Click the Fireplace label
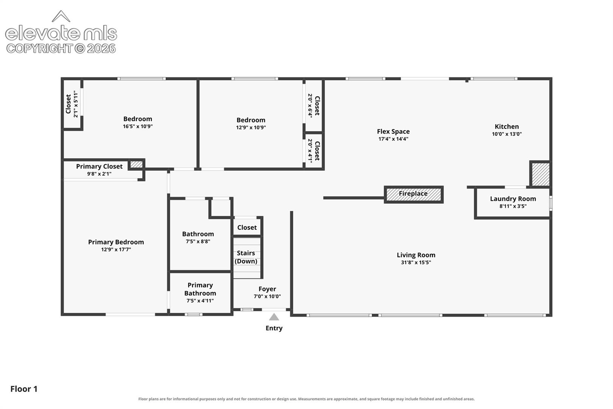point(413,194)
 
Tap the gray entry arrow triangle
point(274,317)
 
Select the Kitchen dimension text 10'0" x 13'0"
point(507,134)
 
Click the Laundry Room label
point(513,199)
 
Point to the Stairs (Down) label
point(246,257)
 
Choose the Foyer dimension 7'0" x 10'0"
point(267,297)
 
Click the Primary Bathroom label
point(200,289)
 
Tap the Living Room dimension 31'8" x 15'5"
point(416,262)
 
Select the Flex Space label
point(393,131)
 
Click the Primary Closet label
point(100,167)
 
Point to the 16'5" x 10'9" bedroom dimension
point(138,126)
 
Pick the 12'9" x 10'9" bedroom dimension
point(251,127)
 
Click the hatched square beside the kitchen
point(540,174)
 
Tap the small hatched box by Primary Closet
point(136,164)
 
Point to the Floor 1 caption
point(24,389)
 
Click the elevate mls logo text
point(61,33)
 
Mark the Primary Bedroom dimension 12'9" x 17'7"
point(116,250)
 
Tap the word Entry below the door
point(274,328)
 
